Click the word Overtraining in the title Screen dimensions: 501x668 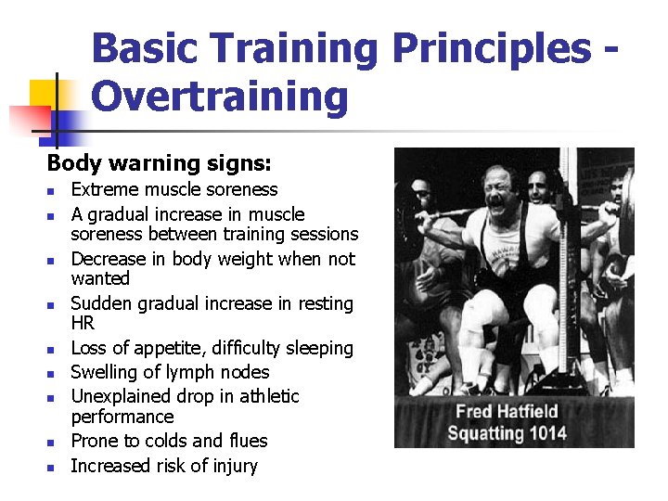point(220,96)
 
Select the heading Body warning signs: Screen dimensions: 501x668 point(159,163)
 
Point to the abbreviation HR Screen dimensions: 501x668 point(83,323)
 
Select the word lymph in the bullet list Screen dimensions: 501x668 point(194,373)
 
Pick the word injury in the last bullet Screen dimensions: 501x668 point(234,466)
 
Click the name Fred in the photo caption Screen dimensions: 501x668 point(475,412)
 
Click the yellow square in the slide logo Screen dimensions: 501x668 point(44,95)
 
